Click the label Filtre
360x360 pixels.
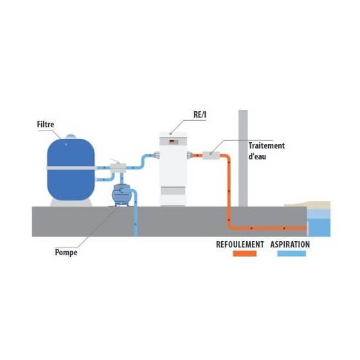tap(46, 125)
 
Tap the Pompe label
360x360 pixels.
tap(66, 252)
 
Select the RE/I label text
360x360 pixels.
tap(200, 115)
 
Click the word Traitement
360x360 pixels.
tap(267, 145)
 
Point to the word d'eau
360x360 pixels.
tap(257, 157)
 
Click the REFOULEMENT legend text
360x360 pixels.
tap(240, 244)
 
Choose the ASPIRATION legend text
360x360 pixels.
tap(290, 244)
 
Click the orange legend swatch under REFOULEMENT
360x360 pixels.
tap(244, 253)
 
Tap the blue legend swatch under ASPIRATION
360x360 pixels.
tap(292, 253)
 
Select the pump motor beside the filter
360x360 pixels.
tap(122, 195)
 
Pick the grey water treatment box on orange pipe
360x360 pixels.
tap(211, 156)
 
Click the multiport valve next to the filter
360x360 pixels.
tap(118, 168)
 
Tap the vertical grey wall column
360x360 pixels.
tap(243, 158)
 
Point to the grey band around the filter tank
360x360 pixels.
tap(71, 168)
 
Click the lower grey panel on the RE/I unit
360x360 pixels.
tap(173, 191)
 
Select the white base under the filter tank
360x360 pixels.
tap(71, 203)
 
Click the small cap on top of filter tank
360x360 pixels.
tap(71, 136)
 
